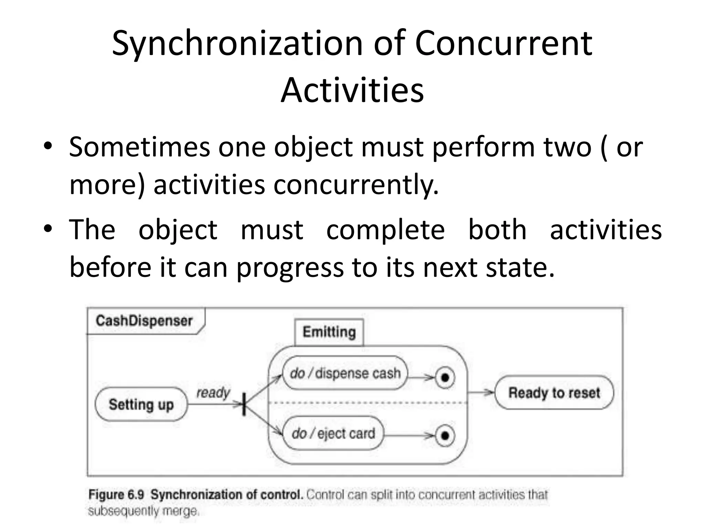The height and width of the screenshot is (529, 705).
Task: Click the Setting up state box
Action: (x=141, y=404)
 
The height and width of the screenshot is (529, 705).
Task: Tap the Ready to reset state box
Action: (x=554, y=393)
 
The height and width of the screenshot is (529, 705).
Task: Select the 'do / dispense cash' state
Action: (x=345, y=373)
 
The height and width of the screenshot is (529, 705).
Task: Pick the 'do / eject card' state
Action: (x=333, y=434)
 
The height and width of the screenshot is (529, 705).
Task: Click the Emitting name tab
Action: (x=329, y=332)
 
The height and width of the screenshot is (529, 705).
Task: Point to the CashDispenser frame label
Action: (x=144, y=321)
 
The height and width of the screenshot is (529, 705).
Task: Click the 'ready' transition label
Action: (x=213, y=392)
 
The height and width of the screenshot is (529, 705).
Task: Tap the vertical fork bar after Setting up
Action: (x=244, y=404)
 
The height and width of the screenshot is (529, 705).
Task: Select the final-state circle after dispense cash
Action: (x=445, y=378)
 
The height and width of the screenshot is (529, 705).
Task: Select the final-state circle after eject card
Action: (x=445, y=436)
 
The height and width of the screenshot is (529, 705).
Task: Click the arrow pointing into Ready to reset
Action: (x=482, y=392)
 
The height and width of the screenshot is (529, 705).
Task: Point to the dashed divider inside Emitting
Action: (x=368, y=402)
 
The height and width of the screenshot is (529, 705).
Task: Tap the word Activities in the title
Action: (x=352, y=90)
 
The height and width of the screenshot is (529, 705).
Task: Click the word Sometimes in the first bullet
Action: (x=139, y=147)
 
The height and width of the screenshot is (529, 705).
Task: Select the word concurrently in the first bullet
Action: (x=356, y=184)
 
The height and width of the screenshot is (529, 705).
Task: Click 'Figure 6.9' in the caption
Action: (x=116, y=495)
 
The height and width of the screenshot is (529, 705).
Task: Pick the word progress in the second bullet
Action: (x=290, y=268)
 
